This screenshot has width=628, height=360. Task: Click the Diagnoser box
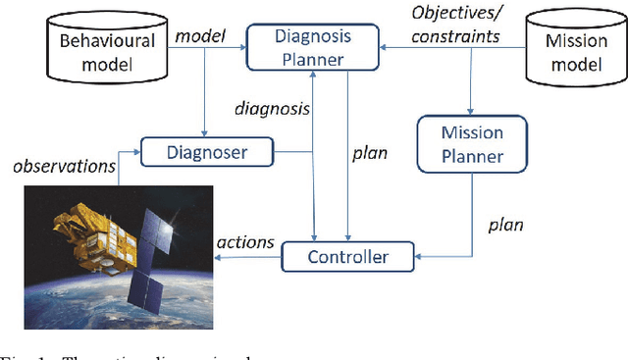coord(207,152)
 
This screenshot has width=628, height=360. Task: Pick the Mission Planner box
coord(474,143)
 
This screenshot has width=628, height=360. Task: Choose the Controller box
coord(348,258)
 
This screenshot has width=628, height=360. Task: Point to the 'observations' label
coord(62,168)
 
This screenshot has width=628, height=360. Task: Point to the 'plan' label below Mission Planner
coord(505,224)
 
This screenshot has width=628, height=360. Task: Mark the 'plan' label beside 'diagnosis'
coord(368,153)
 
